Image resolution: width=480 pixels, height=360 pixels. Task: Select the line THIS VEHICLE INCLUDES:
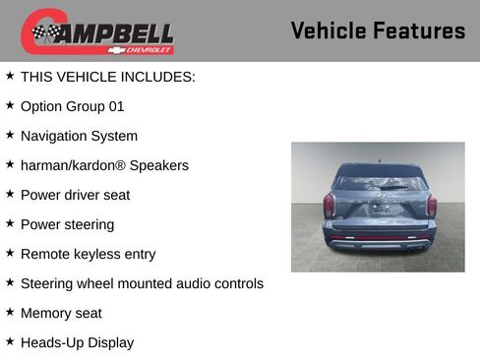tap(108, 76)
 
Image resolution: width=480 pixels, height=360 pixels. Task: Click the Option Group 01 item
tap(73, 106)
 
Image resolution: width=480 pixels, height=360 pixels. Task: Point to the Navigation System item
tap(79, 136)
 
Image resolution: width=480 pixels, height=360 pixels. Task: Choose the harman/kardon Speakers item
tap(104, 165)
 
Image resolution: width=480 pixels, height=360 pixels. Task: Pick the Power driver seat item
tap(75, 195)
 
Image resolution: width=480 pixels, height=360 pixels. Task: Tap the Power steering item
tap(67, 224)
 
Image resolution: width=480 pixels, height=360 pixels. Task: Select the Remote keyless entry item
tap(88, 254)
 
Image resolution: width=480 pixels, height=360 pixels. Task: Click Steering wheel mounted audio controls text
tap(142, 283)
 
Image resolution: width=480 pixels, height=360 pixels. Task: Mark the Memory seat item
tap(61, 313)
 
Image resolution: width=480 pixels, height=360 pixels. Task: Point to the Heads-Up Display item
tap(77, 342)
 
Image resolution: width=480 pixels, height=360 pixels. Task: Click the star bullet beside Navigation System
tap(10, 135)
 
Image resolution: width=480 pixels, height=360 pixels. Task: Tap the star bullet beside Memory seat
tap(10, 312)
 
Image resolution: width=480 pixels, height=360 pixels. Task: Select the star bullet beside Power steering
tap(10, 223)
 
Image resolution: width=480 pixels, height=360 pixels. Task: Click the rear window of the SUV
tap(378, 181)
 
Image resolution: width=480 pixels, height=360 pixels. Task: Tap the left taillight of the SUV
tap(329, 206)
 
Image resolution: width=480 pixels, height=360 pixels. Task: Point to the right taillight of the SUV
tap(429, 206)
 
